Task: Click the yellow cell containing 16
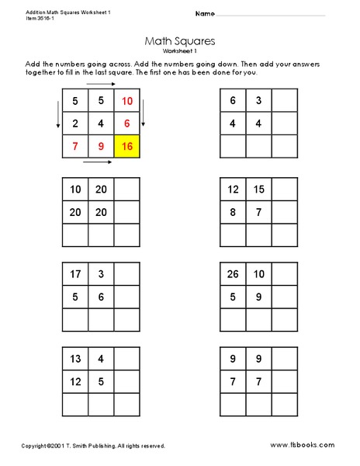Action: tap(126, 145)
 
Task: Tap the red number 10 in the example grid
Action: tap(126, 101)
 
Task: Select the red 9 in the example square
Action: tap(101, 145)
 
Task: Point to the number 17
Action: tap(74, 274)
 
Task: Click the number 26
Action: tap(234, 274)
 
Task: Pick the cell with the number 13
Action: tap(74, 360)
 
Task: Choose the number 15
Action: tap(259, 189)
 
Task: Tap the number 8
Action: tap(234, 211)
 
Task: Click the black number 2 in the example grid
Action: tap(74, 123)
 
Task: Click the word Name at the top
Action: tap(204, 14)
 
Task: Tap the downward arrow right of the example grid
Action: tap(145, 116)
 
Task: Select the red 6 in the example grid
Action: tap(126, 123)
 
